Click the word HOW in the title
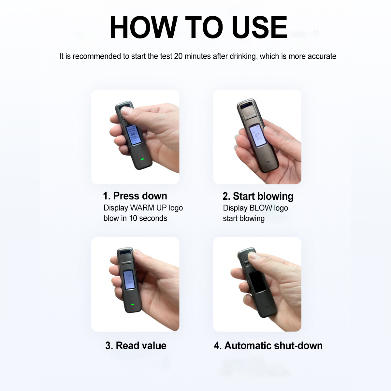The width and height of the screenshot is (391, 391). (144, 27)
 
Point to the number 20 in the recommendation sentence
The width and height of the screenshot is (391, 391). (178, 56)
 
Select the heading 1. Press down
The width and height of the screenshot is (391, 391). (135, 196)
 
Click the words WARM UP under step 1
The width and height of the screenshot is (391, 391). (148, 208)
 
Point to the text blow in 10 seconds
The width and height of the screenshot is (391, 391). (135, 218)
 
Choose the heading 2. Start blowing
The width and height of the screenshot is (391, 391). (258, 196)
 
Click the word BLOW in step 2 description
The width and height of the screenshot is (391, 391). (261, 208)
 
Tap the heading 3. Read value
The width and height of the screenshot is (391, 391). (136, 345)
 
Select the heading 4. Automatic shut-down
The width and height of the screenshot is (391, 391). (268, 345)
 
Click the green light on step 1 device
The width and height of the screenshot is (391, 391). (142, 160)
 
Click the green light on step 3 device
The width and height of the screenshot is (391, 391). (133, 305)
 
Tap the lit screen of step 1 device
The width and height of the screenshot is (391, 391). (134, 135)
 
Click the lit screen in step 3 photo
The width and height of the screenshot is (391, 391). (129, 279)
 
